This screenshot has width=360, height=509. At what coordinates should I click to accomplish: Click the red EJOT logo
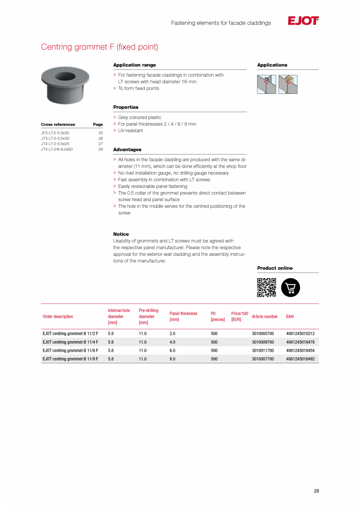303,21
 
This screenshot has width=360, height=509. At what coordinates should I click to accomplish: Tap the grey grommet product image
65,85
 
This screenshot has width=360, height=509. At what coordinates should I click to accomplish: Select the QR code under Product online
266,288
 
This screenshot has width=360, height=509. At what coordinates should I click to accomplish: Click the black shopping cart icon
290,288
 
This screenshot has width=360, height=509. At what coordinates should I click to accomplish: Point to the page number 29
316,491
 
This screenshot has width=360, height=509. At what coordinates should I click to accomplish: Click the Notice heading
121,234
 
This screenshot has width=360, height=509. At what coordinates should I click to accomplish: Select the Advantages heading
127,149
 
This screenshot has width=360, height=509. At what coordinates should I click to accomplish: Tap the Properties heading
126,107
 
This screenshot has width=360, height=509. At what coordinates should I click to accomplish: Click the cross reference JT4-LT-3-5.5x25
55,144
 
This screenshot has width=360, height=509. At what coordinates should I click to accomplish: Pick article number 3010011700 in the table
263,351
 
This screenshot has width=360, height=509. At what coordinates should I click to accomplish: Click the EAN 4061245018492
300,359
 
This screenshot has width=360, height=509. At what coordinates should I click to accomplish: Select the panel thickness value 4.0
172,342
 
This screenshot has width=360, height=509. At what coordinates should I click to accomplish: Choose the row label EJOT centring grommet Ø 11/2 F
70,334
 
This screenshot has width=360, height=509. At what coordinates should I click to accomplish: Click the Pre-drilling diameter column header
148,317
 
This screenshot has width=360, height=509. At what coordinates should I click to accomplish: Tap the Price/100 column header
239,317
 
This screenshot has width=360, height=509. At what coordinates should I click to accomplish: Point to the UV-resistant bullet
130,131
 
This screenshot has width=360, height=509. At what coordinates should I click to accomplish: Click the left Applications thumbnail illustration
266,85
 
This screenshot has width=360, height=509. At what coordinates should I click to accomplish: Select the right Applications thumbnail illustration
288,85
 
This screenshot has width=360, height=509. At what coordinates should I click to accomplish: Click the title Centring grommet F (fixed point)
100,47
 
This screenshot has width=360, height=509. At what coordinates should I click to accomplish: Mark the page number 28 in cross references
101,149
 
